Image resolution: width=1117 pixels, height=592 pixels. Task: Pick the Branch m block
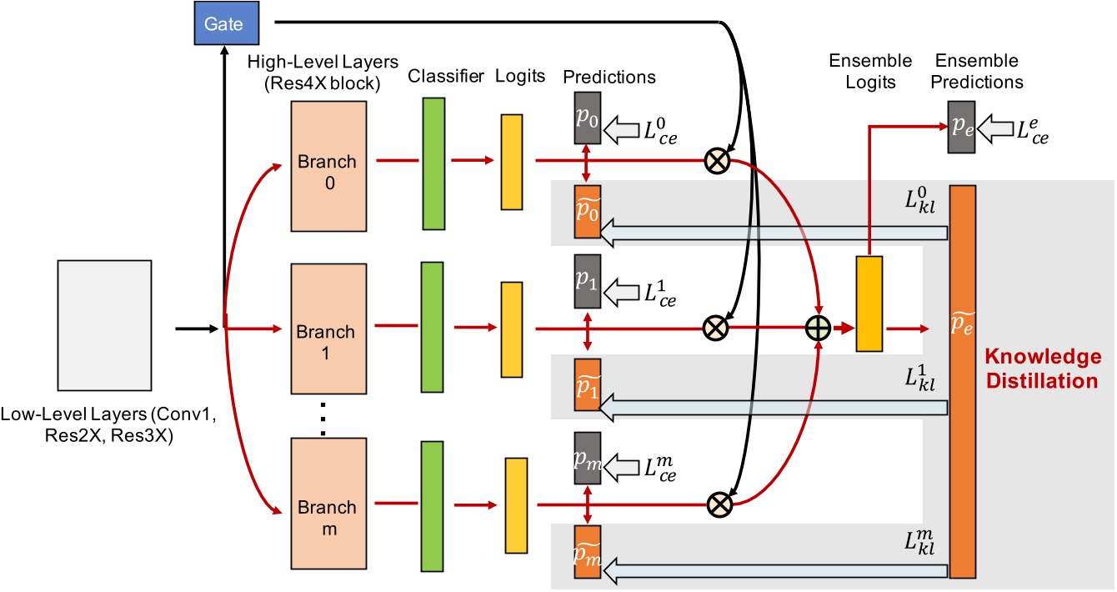(x=328, y=507)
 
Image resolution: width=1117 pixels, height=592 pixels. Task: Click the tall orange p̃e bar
(x=962, y=382)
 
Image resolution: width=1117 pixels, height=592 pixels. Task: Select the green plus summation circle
(x=817, y=329)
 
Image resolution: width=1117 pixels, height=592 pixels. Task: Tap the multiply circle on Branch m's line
(x=716, y=503)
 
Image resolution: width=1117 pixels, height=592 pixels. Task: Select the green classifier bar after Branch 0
(x=433, y=163)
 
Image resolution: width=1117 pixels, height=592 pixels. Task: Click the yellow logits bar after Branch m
(x=516, y=505)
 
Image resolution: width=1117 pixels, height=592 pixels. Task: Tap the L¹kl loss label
(x=920, y=379)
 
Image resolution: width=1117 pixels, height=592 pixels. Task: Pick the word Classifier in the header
(x=446, y=77)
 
